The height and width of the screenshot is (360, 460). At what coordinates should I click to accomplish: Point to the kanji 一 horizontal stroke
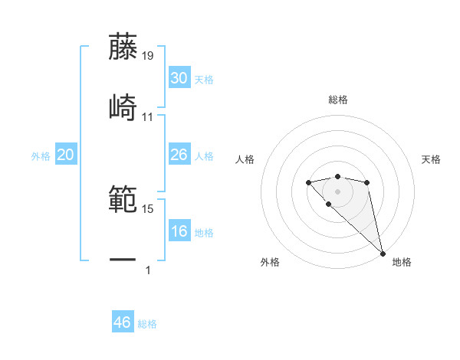123,260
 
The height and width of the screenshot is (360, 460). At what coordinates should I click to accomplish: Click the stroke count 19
148,55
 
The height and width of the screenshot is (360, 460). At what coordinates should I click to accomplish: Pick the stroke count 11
148,116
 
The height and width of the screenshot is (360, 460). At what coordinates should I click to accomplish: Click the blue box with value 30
179,78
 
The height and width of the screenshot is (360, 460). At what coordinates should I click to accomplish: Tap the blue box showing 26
179,155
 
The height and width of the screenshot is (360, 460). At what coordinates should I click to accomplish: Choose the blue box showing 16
179,231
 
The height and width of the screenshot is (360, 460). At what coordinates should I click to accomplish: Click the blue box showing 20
65,155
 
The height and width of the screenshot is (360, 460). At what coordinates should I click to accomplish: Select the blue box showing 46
123,322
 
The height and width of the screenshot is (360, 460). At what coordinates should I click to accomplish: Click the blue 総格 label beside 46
147,324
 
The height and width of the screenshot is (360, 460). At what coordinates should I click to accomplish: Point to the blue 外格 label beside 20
41,156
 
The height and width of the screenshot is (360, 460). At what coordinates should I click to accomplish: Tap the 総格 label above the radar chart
338,100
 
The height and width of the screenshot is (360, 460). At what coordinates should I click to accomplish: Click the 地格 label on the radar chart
402,262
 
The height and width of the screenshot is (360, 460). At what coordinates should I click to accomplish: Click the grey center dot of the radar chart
337,191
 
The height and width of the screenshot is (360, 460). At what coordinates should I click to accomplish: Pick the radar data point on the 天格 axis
367,182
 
